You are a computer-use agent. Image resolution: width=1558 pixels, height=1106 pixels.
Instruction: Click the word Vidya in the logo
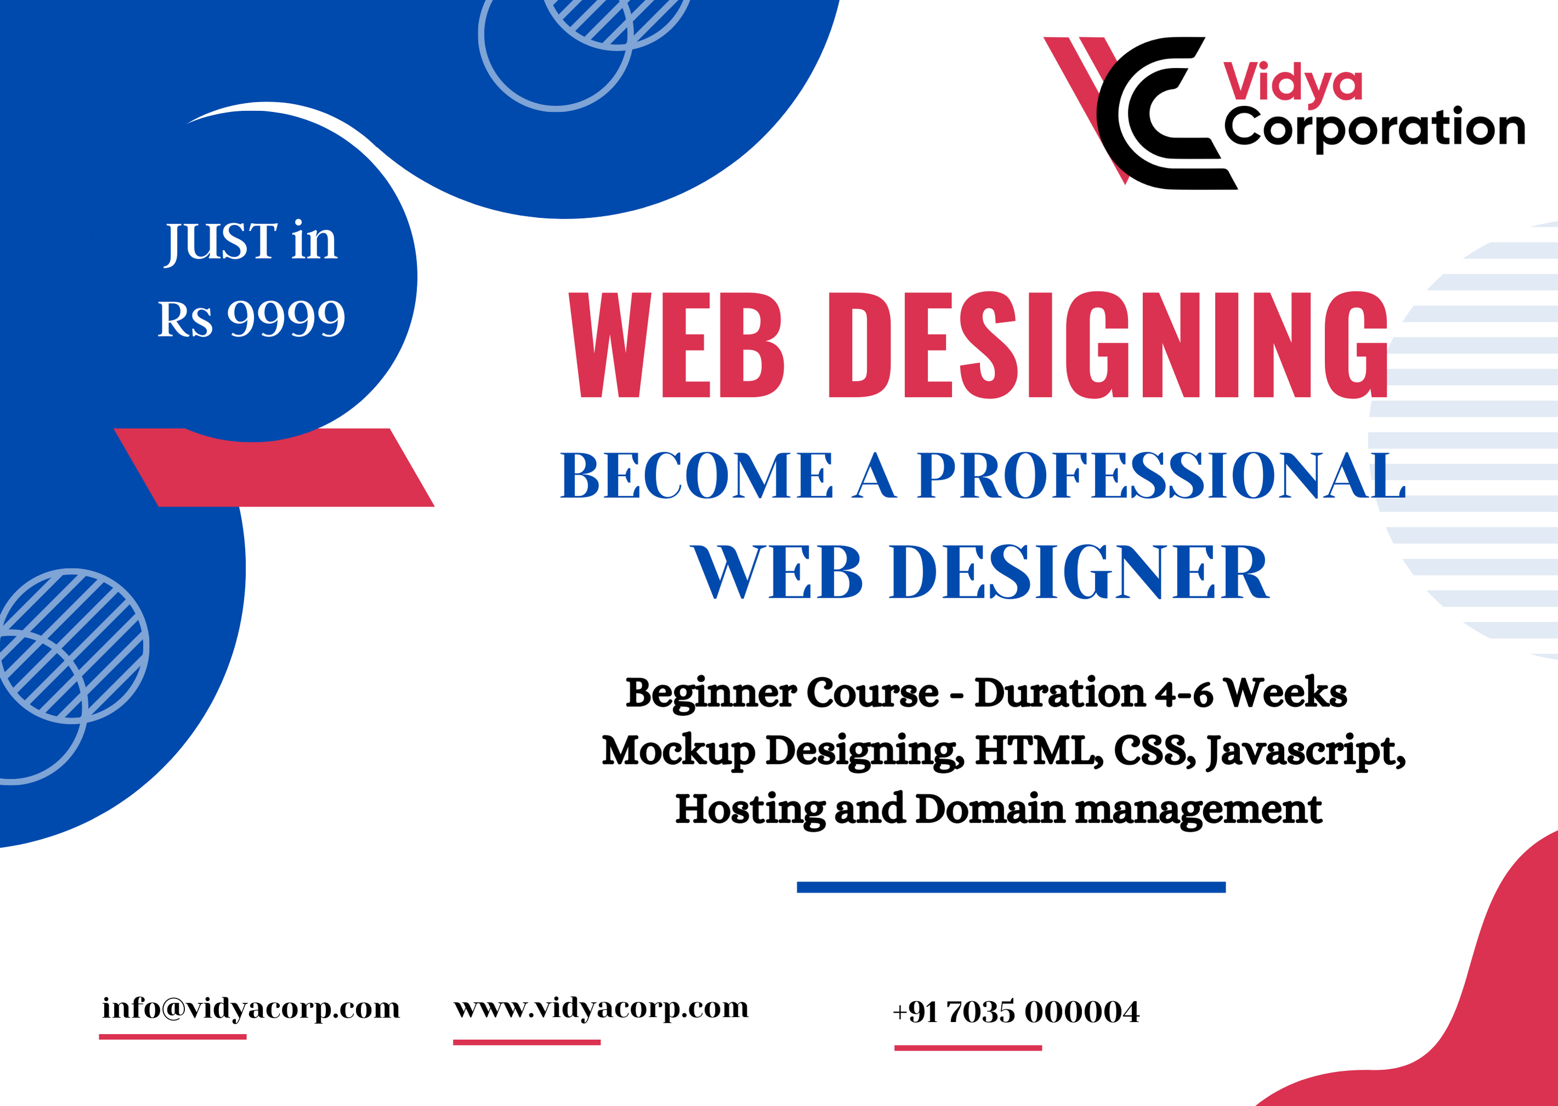(x=1292, y=85)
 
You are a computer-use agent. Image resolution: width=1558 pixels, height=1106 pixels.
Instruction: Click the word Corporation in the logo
(x=1374, y=129)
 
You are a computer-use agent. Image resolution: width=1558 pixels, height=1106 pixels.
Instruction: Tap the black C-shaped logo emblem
(x=1166, y=113)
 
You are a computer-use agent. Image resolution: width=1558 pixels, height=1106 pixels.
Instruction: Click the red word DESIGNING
(x=1108, y=345)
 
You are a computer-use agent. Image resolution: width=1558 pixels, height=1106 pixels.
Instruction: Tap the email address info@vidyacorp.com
(x=251, y=1008)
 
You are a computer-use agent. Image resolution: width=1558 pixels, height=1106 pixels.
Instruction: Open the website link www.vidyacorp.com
(x=601, y=1008)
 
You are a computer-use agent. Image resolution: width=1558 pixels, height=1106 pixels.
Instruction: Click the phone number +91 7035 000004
(x=1015, y=1012)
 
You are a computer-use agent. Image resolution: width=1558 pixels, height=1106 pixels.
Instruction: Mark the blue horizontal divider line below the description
(x=1011, y=886)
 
